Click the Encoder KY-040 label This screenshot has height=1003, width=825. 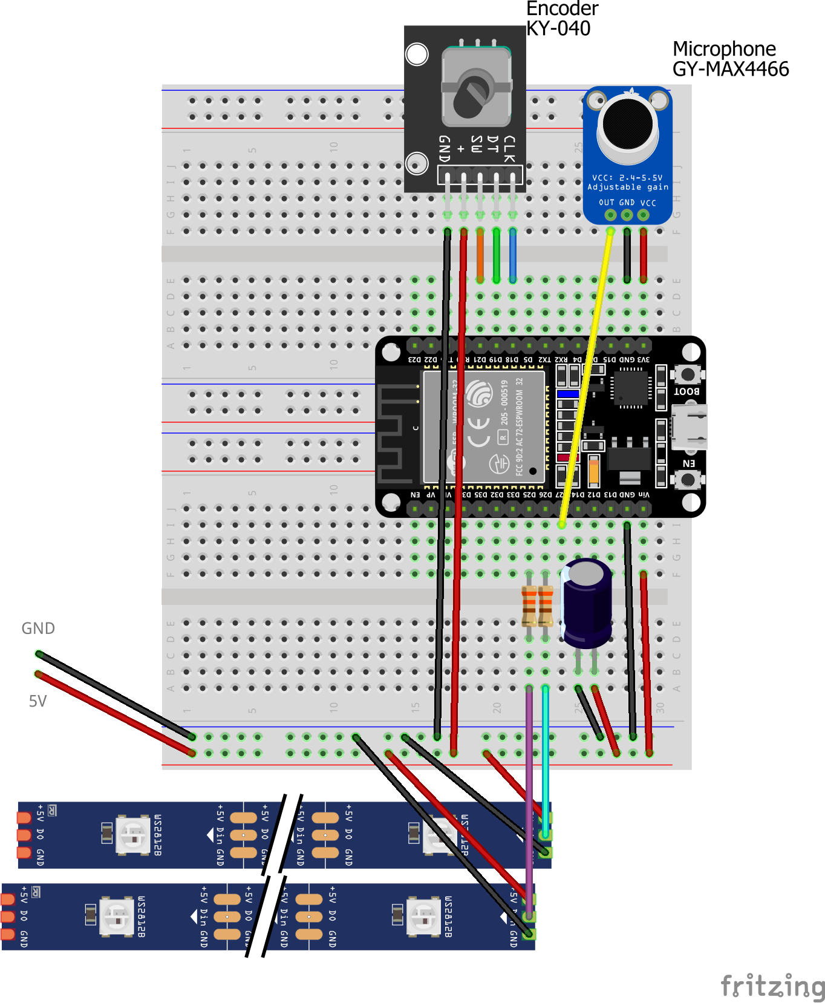point(562,18)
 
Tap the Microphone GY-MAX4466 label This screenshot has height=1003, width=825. point(730,59)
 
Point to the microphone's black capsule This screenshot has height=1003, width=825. point(628,123)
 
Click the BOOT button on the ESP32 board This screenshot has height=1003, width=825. point(688,374)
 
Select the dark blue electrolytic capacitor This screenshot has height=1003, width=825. point(586,603)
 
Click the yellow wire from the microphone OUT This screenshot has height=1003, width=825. point(587,375)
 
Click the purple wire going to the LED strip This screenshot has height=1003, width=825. point(529,799)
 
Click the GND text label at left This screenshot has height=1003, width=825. point(38,629)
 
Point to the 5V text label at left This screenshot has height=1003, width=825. point(37,701)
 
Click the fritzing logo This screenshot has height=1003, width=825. point(772,986)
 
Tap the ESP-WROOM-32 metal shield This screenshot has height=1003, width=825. point(484,427)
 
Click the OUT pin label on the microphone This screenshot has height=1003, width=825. point(607,203)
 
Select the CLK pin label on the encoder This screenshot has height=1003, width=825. point(510,149)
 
